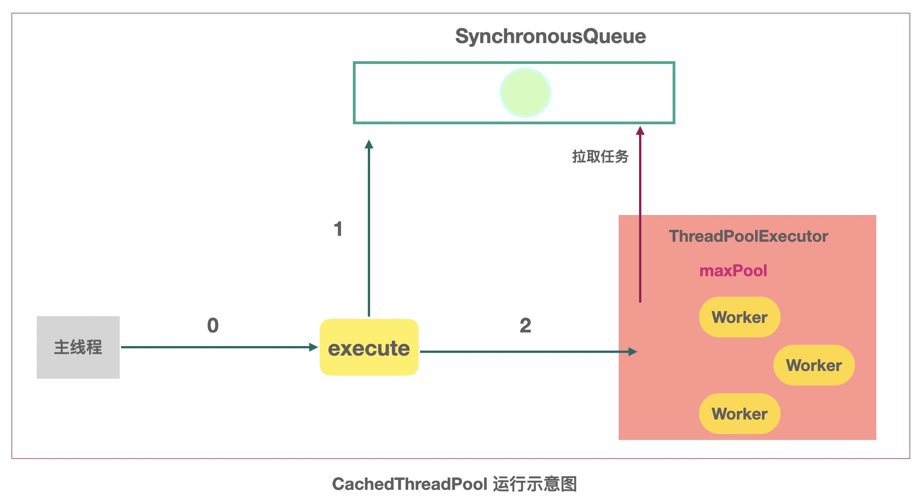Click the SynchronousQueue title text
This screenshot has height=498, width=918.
pos(550,36)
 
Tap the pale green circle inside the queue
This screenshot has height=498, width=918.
pos(525,93)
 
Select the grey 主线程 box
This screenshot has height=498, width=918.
pos(78,347)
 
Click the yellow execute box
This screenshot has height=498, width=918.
pos(369,347)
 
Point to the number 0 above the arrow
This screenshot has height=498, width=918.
pos(213,326)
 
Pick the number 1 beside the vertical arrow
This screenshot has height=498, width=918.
pos(338,229)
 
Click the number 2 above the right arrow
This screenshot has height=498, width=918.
pos(525,326)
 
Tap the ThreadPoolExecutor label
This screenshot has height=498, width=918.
pos(748,236)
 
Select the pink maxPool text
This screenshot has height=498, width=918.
pos(733,271)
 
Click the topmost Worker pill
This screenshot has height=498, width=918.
pos(739,317)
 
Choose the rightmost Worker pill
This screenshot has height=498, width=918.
pos(814,365)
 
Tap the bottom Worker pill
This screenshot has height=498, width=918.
pos(739,414)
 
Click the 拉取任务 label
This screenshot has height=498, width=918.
pos(600,156)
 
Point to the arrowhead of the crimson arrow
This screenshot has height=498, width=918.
pos(640,131)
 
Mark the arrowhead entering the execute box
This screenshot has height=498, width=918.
pos(313,347)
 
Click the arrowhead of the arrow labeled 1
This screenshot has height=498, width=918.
pos(369,145)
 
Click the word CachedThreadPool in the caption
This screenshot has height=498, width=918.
pos(410,484)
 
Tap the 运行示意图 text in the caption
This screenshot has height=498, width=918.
pos(535,484)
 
